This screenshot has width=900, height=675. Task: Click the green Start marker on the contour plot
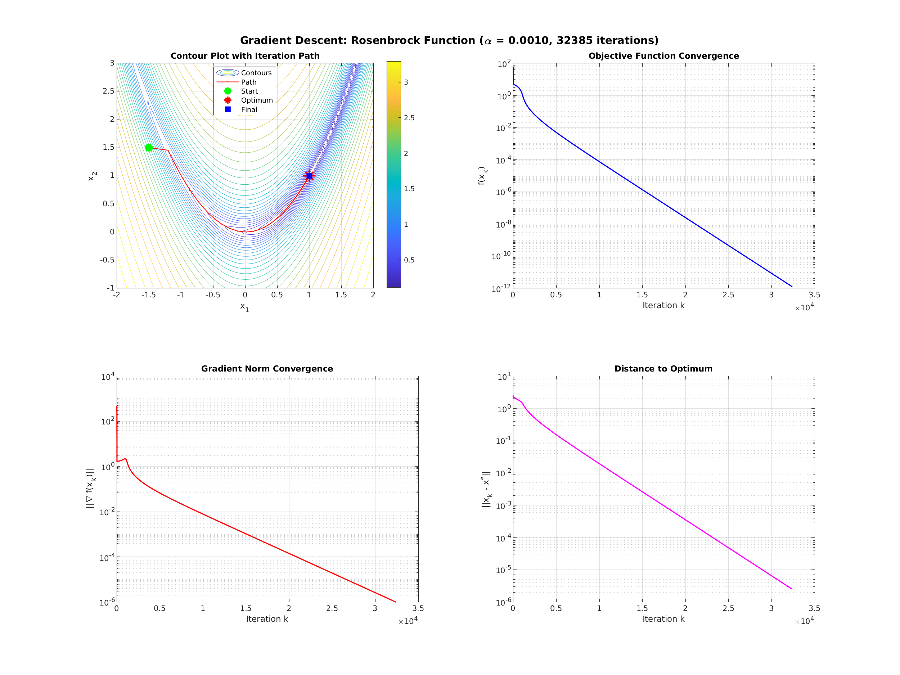pos(149,148)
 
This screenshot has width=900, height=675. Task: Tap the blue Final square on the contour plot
pos(309,176)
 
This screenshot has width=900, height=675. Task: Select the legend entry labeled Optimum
pos(257,100)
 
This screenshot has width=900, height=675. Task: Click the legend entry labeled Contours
pos(256,73)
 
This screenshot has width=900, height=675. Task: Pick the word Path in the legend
pos(249,82)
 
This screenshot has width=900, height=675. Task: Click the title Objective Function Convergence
pos(663,56)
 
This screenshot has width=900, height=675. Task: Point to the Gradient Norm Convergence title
pos(267,369)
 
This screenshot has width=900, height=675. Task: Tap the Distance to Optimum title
pos(663,369)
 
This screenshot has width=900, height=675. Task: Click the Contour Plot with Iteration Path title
pos(245,56)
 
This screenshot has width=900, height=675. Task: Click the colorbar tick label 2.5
pos(409,118)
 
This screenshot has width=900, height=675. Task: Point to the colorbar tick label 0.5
pos(409,260)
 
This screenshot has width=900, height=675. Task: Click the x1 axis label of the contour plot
pos(244,307)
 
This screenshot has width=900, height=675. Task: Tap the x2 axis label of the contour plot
pos(93,176)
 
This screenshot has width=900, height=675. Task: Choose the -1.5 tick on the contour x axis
pos(149,295)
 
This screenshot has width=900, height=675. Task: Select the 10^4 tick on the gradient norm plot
pos(108,377)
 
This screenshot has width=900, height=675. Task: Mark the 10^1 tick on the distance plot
pos(504,377)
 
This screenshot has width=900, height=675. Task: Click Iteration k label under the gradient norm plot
pos(267,619)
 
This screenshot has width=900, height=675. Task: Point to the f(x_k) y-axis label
pos(482,176)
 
